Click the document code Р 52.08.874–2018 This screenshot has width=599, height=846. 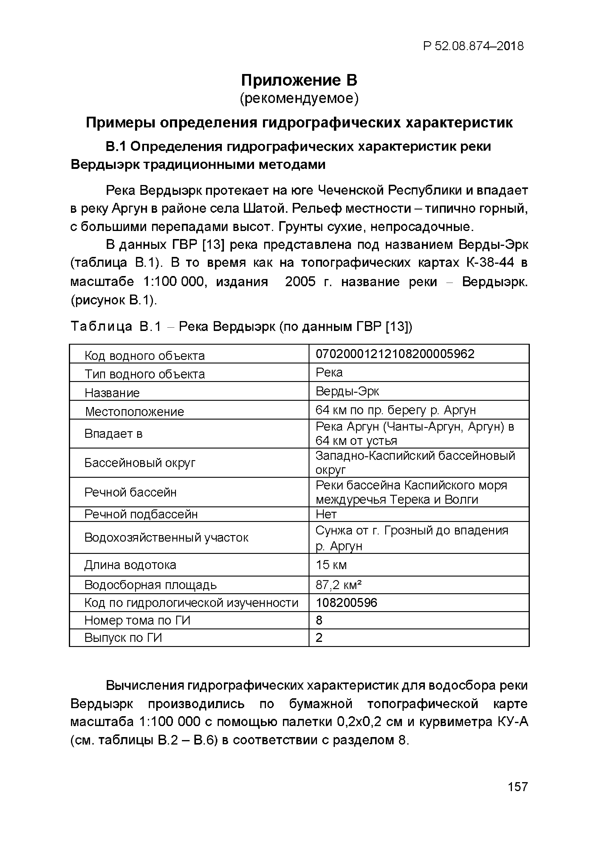[473, 46]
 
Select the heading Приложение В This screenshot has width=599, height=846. [299, 80]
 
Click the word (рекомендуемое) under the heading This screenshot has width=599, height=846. [299, 98]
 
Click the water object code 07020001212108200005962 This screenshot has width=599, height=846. [395, 354]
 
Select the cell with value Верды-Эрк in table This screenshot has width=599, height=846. [347, 391]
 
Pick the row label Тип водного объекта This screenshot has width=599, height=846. [144, 374]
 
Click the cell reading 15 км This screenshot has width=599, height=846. [331, 565]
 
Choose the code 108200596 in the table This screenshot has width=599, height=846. [346, 602]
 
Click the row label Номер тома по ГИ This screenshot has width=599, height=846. [137, 620]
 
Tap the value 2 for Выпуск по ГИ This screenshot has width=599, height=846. [319, 637]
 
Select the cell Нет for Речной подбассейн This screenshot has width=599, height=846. [326, 514]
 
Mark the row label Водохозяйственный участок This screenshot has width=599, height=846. [166, 537]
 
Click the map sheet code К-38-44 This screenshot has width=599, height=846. [490, 263]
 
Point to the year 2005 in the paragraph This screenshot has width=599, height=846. [300, 282]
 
